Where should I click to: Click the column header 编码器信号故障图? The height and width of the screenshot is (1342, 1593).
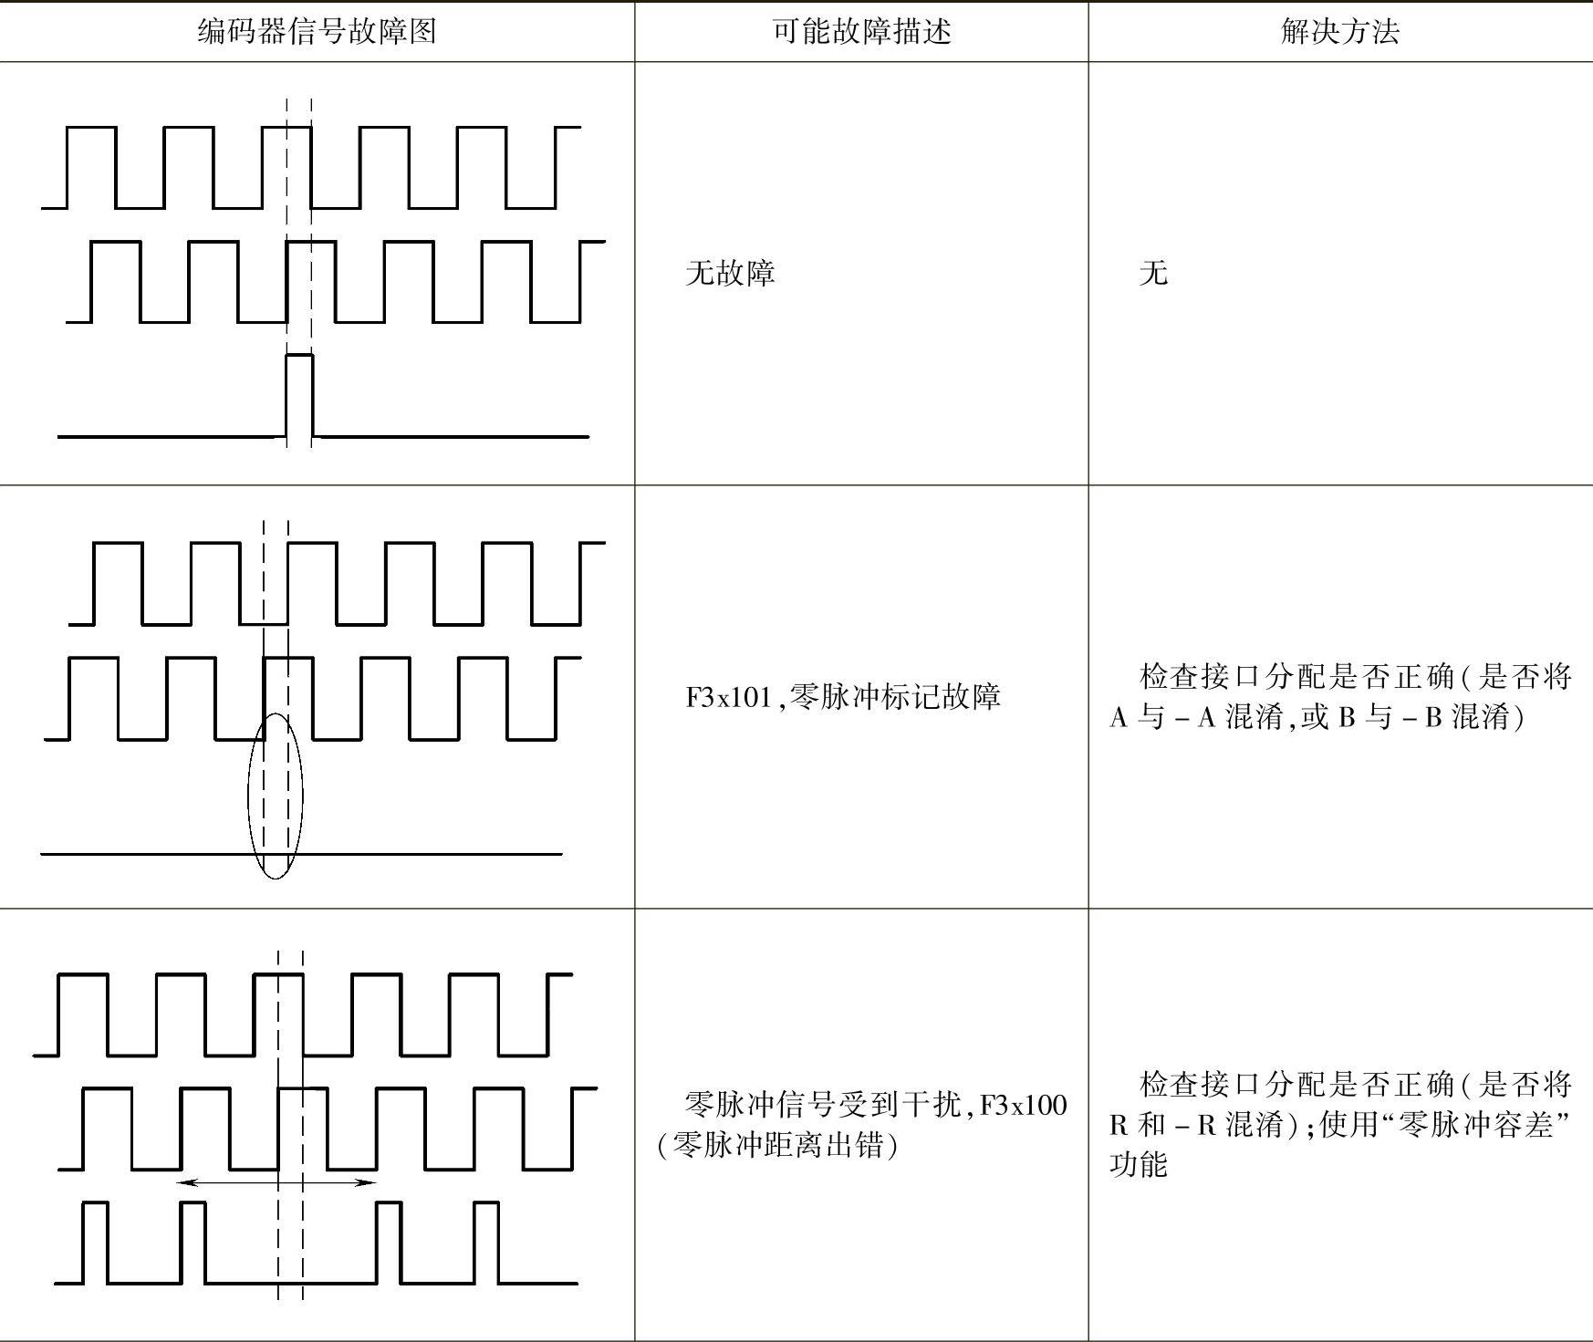point(317,32)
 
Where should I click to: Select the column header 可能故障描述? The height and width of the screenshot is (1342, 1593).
point(861,32)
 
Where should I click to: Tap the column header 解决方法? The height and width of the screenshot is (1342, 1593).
point(1339,32)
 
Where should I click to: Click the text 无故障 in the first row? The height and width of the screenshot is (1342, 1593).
point(730,273)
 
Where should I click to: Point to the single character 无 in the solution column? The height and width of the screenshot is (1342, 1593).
point(1153,273)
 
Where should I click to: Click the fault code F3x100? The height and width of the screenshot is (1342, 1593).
point(1023,1106)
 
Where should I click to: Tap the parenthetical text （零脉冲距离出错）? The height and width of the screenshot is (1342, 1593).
point(777,1145)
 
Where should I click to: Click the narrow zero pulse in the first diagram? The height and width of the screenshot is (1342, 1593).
point(299,394)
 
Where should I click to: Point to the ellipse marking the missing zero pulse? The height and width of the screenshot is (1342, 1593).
point(276,796)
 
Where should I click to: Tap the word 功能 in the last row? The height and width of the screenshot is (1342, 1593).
point(1138,1165)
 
